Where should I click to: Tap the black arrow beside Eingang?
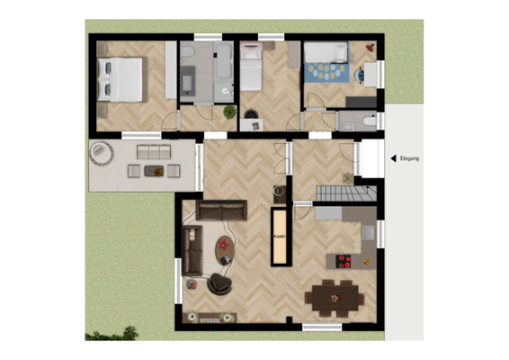393,159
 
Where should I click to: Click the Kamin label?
279,237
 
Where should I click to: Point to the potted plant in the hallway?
229,112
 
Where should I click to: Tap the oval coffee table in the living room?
223,246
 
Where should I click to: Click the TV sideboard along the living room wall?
209,317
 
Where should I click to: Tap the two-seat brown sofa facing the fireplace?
220,211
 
